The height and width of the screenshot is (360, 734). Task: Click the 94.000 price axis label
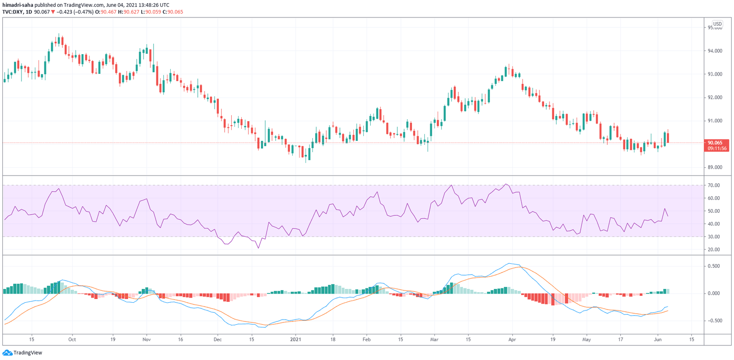click(x=715, y=51)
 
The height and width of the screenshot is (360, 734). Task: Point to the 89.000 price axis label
click(x=715, y=167)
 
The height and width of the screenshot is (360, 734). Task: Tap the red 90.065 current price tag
click(x=716, y=145)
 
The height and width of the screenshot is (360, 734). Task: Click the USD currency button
click(x=717, y=24)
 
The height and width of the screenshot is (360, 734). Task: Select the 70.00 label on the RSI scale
click(x=713, y=185)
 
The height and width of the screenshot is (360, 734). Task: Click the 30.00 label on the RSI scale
click(x=713, y=237)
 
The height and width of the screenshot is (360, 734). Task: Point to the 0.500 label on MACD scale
click(x=713, y=266)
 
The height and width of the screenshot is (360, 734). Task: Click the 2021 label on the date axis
click(x=296, y=340)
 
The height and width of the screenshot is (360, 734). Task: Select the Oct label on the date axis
click(x=72, y=340)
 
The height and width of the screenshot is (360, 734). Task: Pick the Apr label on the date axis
click(x=512, y=340)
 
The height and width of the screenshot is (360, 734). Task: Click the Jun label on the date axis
click(x=658, y=340)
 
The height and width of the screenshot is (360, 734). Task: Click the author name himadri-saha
click(x=17, y=5)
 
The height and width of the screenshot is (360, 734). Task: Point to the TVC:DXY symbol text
click(x=13, y=12)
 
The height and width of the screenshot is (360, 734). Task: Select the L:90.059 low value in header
click(x=153, y=12)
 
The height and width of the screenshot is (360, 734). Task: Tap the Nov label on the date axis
click(x=146, y=340)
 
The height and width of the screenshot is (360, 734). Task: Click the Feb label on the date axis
click(x=367, y=340)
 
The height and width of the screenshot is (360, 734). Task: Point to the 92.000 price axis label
click(x=715, y=98)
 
